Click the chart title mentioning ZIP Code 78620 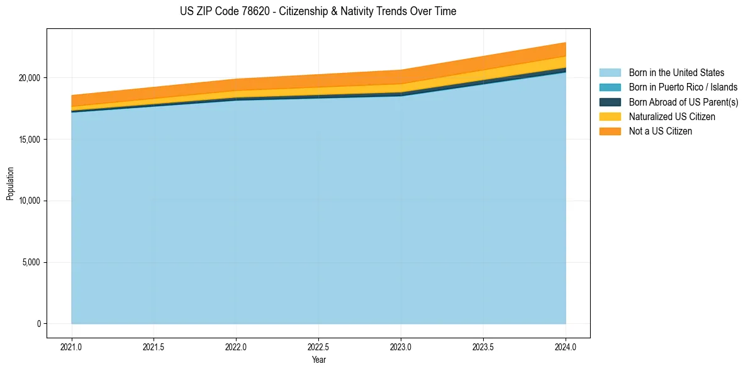tap(318, 11)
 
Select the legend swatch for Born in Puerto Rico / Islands tap(610, 87)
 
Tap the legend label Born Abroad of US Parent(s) tap(683, 102)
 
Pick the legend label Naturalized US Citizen tap(672, 117)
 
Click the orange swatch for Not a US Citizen tap(610, 131)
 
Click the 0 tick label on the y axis tap(38, 324)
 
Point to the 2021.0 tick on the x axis tap(72, 346)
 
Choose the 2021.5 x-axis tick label tap(154, 346)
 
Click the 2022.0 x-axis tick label tap(236, 346)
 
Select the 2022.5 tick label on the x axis tap(318, 346)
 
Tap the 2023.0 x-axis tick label tap(401, 346)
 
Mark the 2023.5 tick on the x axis tap(483, 346)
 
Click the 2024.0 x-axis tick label tap(566, 346)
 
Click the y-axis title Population tap(10, 184)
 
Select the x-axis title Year tap(318, 360)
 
